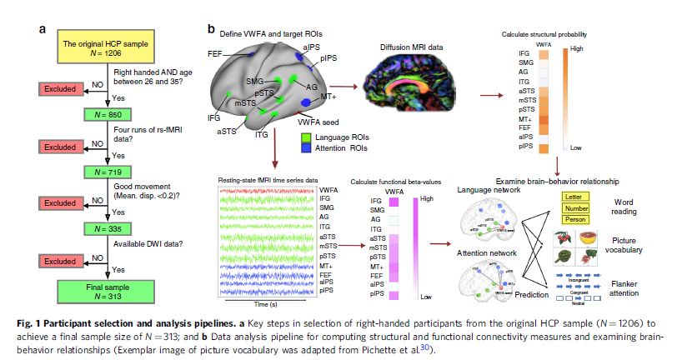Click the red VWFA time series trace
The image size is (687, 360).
[266, 191]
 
